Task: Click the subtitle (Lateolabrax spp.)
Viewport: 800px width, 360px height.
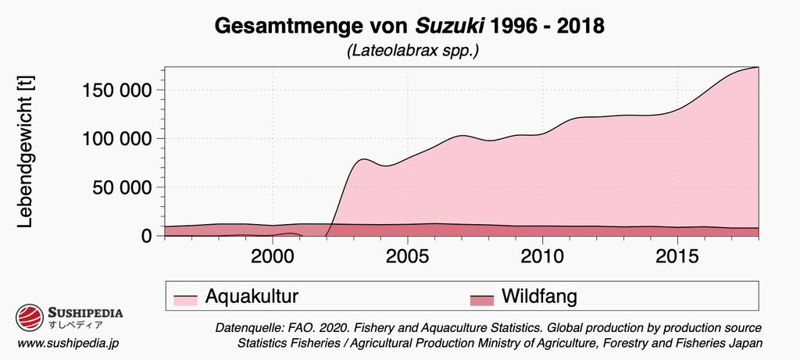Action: click(399, 52)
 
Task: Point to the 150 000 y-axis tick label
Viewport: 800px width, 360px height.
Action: click(116, 90)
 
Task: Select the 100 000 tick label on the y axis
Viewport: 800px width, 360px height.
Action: click(116, 138)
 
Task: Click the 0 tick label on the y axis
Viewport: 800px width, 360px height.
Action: click(146, 236)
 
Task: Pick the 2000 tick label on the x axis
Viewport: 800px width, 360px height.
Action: click(273, 255)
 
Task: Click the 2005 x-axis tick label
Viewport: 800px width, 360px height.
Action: click(408, 255)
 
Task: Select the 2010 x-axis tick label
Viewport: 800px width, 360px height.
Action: click(543, 255)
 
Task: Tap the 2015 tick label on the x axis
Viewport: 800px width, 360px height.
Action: click(677, 255)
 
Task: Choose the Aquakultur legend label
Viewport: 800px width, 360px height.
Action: click(252, 296)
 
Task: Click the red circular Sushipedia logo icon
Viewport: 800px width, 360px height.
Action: click(30, 319)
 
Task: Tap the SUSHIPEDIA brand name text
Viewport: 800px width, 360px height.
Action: click(85, 312)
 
